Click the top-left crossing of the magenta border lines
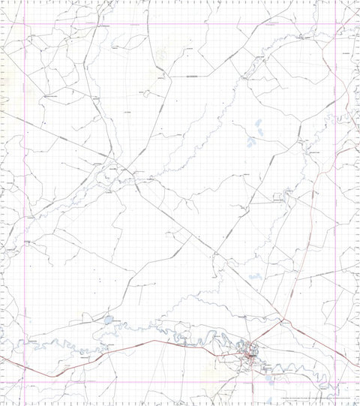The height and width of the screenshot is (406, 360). tap(26, 24)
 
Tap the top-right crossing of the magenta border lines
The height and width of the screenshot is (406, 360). tap(335, 24)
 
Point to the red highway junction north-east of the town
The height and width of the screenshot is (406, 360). tap(283, 323)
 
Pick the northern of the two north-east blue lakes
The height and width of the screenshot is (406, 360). tap(258, 124)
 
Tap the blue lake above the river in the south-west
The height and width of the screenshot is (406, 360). tap(109, 320)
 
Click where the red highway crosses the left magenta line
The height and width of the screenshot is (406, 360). tap(26, 368)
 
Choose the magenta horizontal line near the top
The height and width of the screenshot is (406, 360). tap(180, 24)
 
